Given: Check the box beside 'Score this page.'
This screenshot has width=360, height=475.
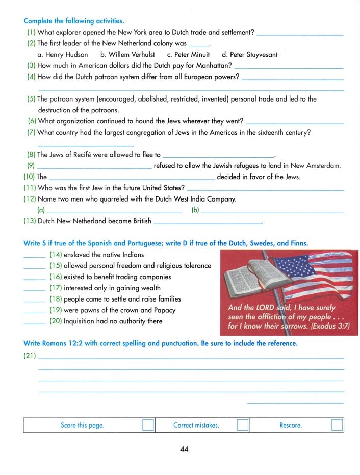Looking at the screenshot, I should tap(148, 426).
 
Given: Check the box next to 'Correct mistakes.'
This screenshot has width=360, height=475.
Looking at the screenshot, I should tap(243, 426).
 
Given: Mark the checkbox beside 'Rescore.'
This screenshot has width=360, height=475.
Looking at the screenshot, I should tap(337, 426).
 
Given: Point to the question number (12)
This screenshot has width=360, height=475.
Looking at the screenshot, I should tap(30, 199).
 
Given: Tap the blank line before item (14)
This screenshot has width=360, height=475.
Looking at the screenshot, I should tap(34, 255).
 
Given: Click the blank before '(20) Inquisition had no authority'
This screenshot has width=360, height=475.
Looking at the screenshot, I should tap(34, 322).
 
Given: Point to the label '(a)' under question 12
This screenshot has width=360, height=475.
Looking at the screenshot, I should tap(41, 210).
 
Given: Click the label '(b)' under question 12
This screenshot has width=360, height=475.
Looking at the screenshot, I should tap(196, 210).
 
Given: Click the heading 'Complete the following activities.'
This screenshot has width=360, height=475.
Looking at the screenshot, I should tap(73, 21).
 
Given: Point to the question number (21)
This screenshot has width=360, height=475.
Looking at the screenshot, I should tap(30, 357).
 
